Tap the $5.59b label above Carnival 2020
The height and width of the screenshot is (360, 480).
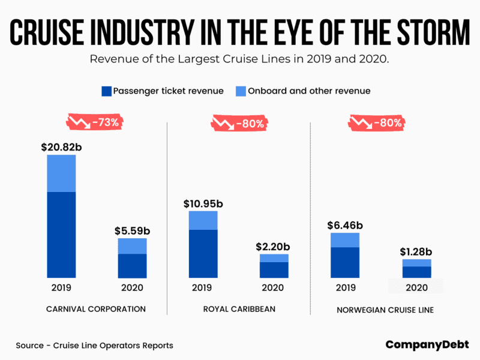click(133, 230)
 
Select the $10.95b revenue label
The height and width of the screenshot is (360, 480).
click(203, 203)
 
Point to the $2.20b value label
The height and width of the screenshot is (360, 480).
click(274, 246)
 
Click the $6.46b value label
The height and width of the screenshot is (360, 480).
click(345, 225)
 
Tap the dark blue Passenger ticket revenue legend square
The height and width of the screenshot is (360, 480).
click(106, 91)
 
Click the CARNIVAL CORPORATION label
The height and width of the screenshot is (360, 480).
click(96, 309)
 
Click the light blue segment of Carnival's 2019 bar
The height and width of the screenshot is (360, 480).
click(61, 173)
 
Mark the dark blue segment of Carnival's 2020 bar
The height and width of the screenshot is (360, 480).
click(133, 266)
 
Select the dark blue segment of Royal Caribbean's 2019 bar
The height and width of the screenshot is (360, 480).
click(203, 253)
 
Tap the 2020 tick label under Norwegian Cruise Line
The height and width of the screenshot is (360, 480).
click(417, 287)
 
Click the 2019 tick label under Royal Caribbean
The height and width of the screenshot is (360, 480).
click(203, 287)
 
